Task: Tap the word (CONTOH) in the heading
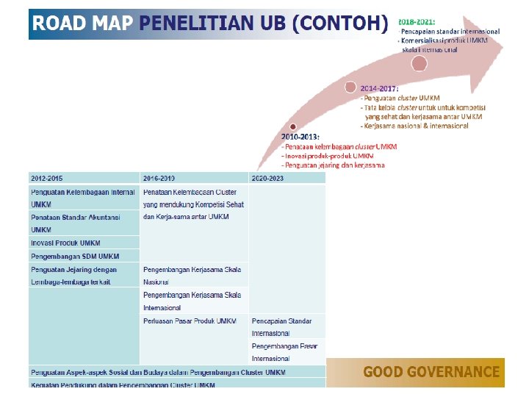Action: (x=339, y=24)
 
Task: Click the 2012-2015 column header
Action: (x=46, y=178)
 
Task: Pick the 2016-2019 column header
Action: (x=159, y=178)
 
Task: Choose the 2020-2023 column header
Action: (x=267, y=178)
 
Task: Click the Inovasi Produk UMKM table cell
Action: (x=65, y=243)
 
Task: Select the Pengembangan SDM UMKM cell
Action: (x=74, y=256)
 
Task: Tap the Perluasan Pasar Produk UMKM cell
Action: (x=190, y=321)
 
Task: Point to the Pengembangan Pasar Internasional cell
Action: (x=285, y=351)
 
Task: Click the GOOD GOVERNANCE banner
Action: (x=431, y=372)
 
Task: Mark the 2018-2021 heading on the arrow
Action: (x=417, y=23)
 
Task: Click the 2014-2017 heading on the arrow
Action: (x=379, y=88)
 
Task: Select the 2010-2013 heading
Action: (x=301, y=137)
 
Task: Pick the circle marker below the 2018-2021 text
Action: (x=419, y=63)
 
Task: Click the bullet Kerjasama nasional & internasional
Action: (x=415, y=126)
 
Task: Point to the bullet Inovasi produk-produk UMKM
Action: (x=330, y=156)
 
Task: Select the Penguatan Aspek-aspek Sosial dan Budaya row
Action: (x=158, y=372)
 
